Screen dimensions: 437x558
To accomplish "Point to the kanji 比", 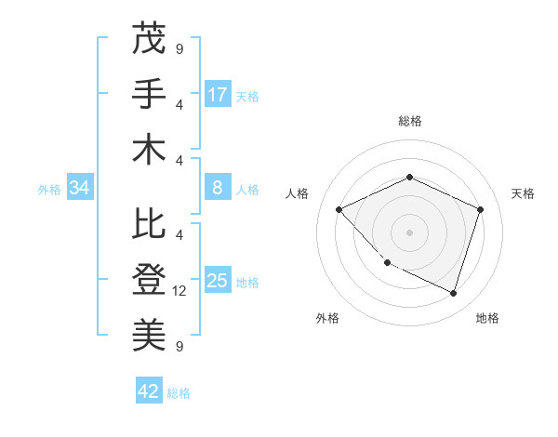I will (149, 224).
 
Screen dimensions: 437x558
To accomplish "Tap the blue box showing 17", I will (218, 95).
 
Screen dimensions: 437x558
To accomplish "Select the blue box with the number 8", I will (218, 188).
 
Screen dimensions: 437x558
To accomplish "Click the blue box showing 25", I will (218, 281).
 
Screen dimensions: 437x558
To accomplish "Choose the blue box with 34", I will (80, 188).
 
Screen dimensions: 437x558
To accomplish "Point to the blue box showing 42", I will (149, 391).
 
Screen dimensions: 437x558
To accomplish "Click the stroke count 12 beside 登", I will (180, 291).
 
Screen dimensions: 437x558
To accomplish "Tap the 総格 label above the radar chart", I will (410, 121).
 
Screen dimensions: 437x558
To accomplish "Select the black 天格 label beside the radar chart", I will (523, 193).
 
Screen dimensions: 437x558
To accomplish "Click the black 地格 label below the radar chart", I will (487, 318).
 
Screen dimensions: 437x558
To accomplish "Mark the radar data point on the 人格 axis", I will (339, 210).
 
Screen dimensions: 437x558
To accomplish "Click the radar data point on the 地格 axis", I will (453, 293).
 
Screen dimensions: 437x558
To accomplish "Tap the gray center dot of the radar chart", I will (409, 232).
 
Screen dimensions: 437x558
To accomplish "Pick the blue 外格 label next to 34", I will (49, 189).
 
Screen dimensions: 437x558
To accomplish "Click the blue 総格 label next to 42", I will (179, 392).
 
